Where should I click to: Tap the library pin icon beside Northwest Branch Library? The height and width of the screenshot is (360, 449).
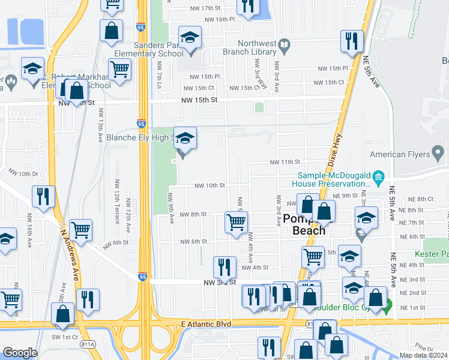tap(285, 44)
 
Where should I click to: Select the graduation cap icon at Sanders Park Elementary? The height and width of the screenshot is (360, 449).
tap(190, 38)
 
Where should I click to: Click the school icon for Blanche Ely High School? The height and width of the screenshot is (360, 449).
tap(185, 139)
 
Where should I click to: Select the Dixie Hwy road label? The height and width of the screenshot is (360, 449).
tap(336, 150)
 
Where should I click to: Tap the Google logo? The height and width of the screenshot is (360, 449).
tap(19, 353)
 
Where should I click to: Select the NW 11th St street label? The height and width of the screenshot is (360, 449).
tap(284, 162)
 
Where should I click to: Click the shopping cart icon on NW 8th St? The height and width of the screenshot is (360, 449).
tap(236, 221)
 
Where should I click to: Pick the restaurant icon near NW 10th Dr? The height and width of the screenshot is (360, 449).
tap(43, 196)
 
